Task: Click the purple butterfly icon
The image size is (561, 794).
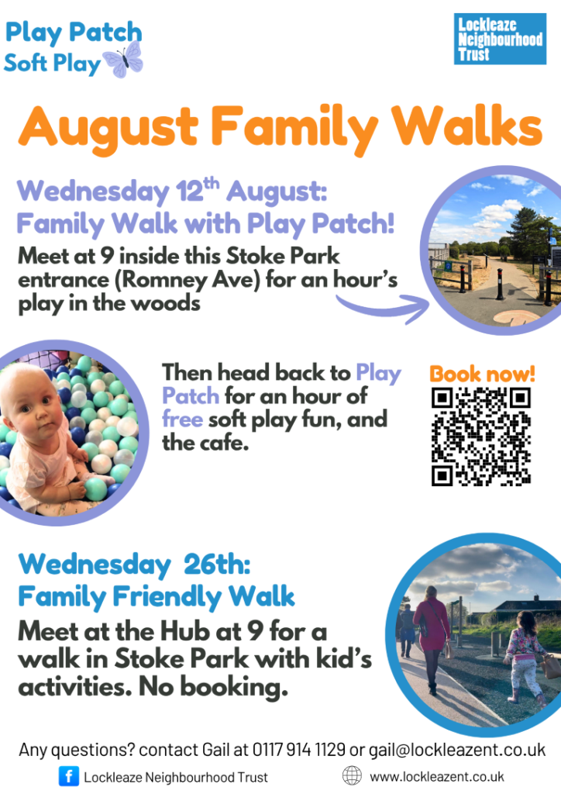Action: pos(123,60)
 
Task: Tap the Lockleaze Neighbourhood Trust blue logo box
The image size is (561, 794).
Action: pos(500,39)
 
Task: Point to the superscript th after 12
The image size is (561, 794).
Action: pos(212,182)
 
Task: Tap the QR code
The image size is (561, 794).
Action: pos(480,437)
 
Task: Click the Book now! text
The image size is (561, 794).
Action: pos(482,374)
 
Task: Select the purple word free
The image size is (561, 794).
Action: pos(182,419)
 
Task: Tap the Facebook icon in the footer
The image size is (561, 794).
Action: pos(69,776)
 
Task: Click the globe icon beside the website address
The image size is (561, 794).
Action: pos(352,775)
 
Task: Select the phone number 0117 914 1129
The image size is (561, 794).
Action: pos(298,749)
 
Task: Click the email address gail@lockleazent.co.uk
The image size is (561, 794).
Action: pos(457,750)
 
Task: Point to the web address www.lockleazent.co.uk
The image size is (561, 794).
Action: pos(437,776)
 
